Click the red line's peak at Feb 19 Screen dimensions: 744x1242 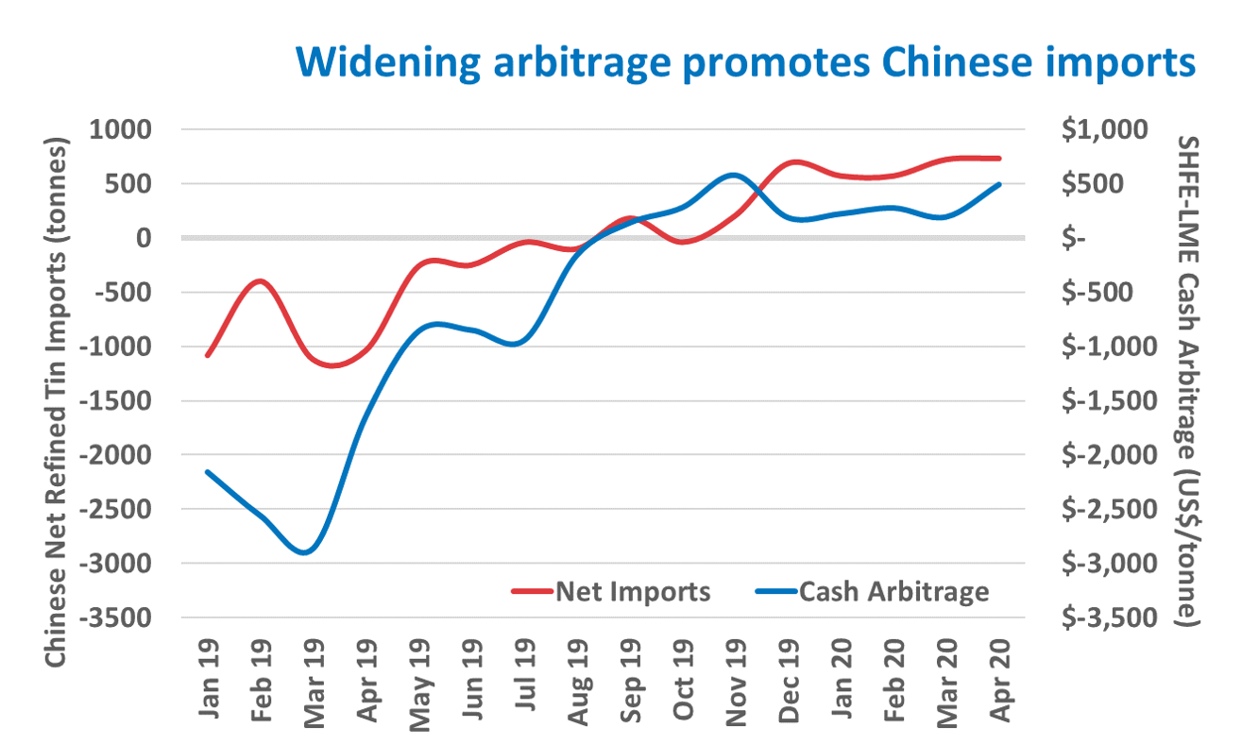click(260, 281)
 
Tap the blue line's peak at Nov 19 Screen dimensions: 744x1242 click(734, 175)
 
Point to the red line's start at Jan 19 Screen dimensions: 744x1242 click(208, 355)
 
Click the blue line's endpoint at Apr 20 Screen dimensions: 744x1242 click(999, 184)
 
